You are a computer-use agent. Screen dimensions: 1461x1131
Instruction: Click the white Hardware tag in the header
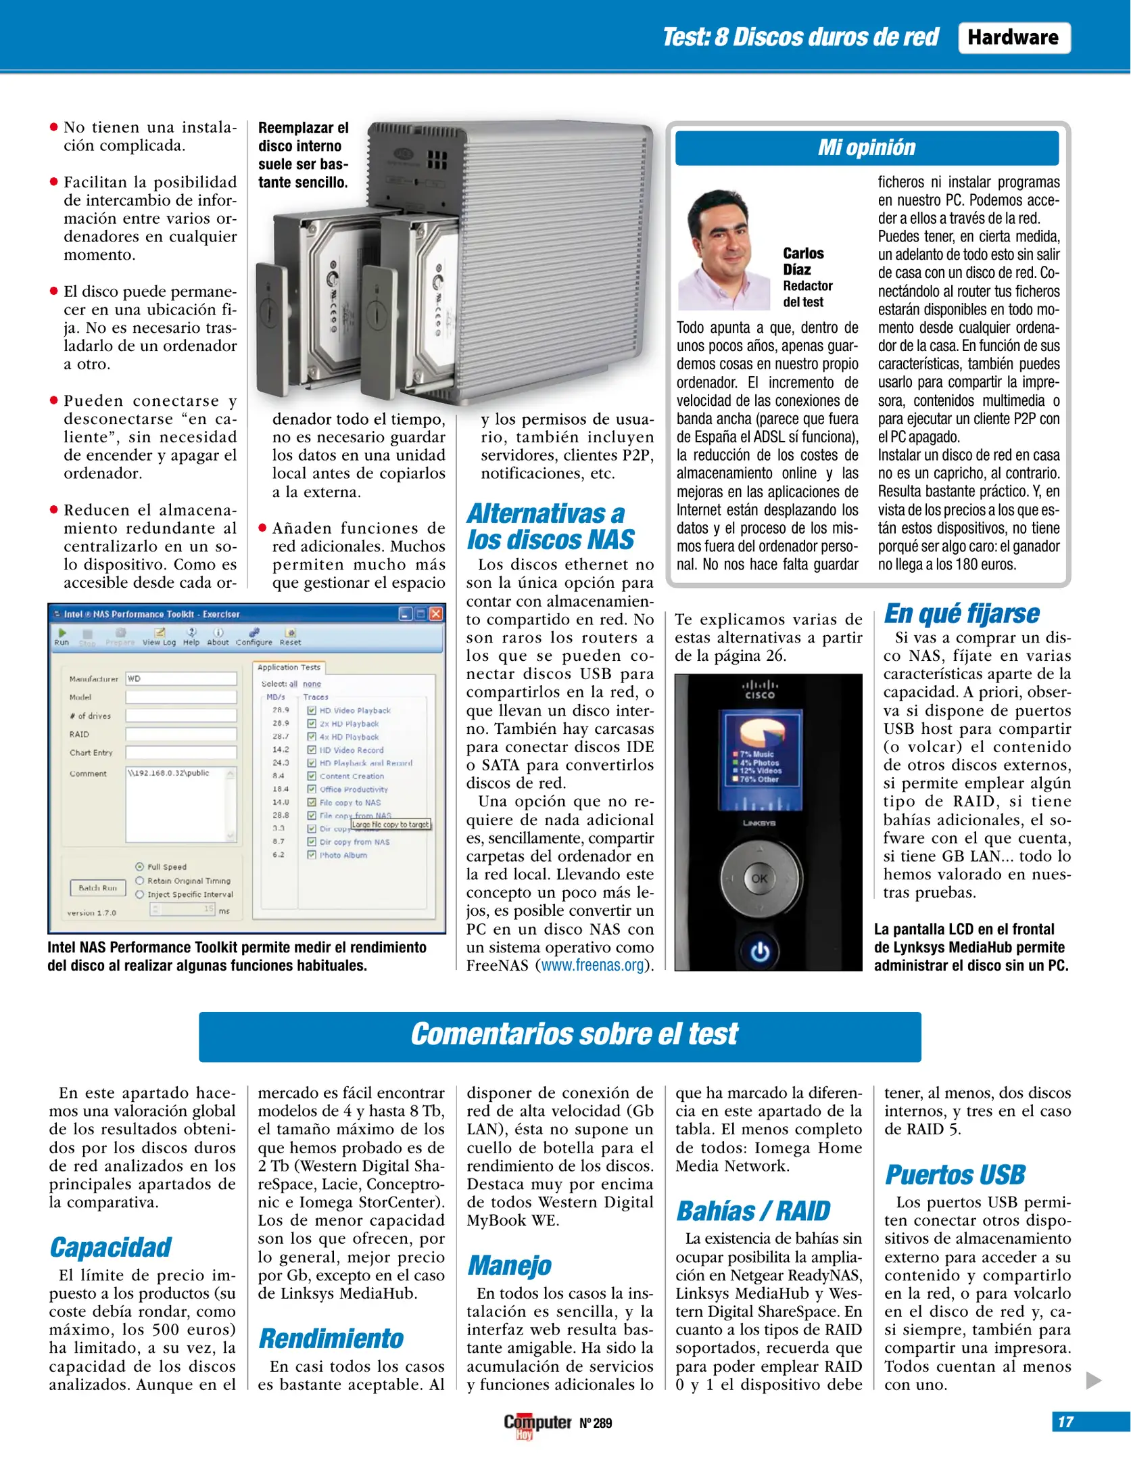(1013, 38)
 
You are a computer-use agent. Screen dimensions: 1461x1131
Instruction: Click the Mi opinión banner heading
(866, 147)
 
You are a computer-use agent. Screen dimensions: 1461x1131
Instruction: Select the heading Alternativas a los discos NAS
(551, 526)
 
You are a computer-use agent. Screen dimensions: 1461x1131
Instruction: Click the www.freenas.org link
(592, 965)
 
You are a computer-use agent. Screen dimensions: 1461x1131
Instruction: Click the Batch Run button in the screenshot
(98, 887)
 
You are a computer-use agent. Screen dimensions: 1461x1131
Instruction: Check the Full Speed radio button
(140, 866)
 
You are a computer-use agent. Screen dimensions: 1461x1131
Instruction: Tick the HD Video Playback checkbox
(312, 710)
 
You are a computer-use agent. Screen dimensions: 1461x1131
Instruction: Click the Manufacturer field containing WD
(181, 678)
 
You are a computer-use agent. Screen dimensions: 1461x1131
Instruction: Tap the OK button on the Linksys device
(759, 879)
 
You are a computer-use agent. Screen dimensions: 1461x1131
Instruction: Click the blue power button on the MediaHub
(760, 952)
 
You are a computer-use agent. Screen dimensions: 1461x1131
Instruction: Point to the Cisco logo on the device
(760, 689)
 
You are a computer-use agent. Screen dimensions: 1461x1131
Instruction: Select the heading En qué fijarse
(961, 613)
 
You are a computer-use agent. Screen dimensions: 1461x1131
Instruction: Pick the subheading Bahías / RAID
(753, 1211)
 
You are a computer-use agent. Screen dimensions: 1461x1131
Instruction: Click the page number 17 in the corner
(1066, 1422)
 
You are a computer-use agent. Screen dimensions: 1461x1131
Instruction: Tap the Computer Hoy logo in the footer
(537, 1422)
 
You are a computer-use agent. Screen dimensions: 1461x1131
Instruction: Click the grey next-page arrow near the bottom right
(1093, 1381)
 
